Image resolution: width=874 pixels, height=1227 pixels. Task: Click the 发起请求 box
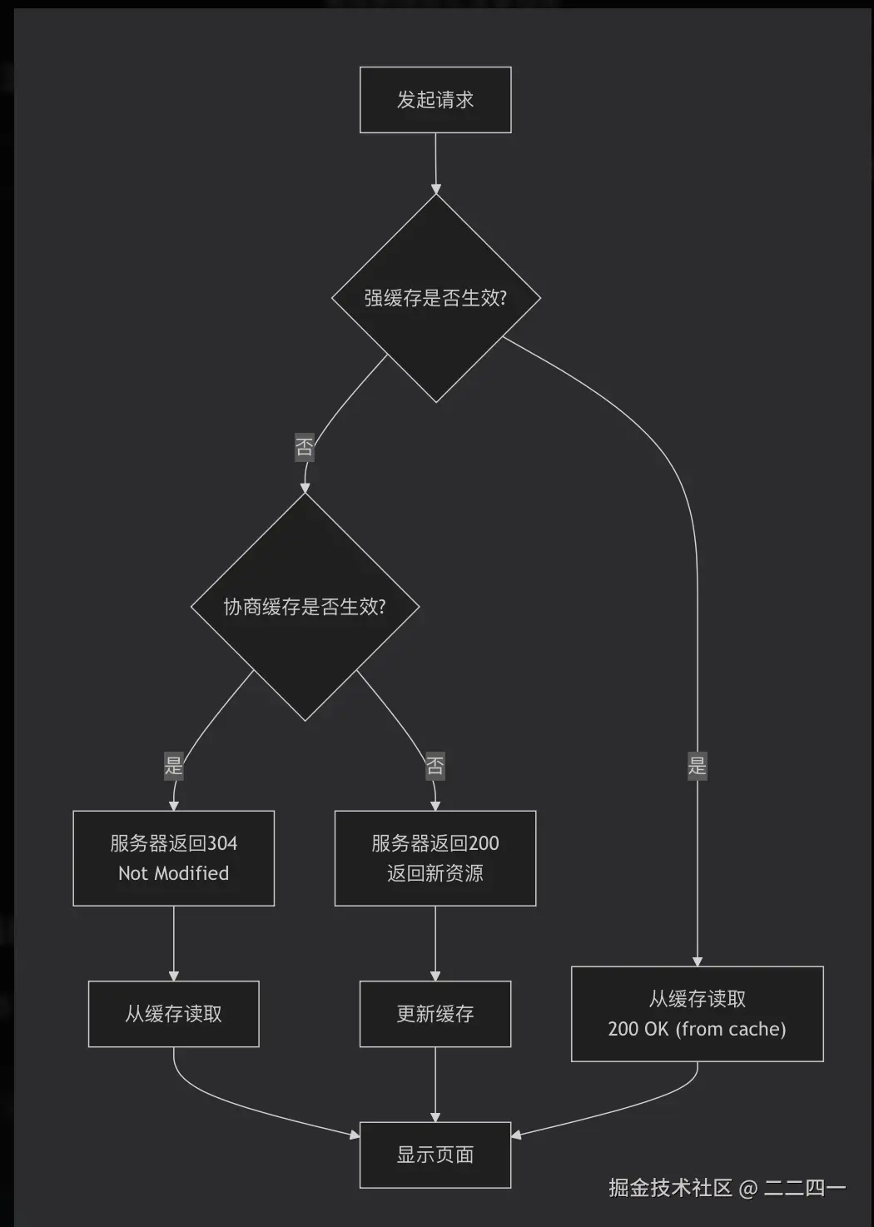point(435,100)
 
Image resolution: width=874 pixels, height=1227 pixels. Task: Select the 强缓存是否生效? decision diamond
point(435,298)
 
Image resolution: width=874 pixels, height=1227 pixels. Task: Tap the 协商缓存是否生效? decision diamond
point(305,607)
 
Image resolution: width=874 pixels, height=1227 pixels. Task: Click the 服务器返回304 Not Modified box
point(173,858)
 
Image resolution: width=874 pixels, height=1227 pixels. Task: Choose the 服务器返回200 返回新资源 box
point(435,858)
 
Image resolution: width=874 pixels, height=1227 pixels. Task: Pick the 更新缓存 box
point(435,1014)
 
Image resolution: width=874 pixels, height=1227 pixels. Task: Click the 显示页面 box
point(435,1155)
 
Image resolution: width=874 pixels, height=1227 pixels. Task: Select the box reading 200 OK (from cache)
point(697,1014)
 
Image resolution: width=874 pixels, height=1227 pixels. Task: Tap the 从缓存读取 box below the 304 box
point(173,1014)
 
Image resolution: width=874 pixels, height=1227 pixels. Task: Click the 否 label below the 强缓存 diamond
point(305,448)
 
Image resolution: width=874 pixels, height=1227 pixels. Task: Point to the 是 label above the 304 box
point(173,765)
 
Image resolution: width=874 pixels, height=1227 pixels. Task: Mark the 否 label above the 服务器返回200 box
point(435,765)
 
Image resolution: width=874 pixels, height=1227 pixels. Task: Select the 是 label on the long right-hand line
point(697,765)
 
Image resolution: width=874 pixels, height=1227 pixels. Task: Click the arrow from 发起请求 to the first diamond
point(435,164)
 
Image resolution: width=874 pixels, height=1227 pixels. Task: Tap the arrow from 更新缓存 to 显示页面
point(435,1085)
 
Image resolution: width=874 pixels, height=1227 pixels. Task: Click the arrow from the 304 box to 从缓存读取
point(173,943)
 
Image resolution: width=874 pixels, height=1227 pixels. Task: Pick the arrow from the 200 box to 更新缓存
point(435,943)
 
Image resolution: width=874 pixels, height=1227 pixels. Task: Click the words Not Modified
point(173,873)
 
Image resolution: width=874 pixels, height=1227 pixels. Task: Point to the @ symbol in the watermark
point(747,1188)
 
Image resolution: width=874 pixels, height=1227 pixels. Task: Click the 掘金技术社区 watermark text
point(670,1188)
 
